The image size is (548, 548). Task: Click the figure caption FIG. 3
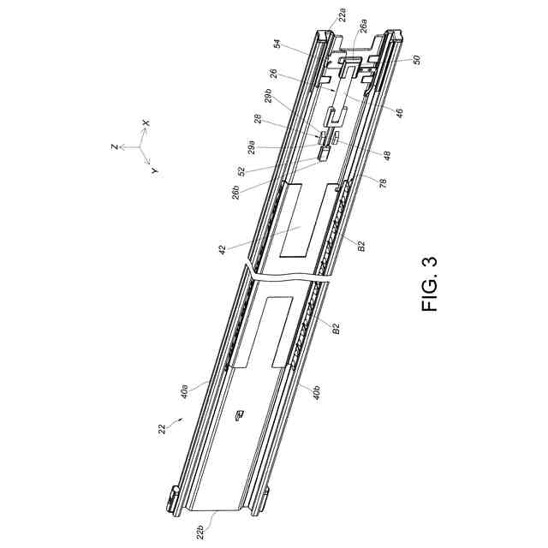(x=430, y=284)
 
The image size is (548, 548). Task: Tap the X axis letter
(x=146, y=123)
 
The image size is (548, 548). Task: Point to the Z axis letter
(x=114, y=146)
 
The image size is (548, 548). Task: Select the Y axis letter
(x=154, y=170)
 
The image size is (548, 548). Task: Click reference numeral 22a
(x=343, y=15)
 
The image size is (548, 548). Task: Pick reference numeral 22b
(x=200, y=533)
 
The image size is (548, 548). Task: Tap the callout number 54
(x=277, y=44)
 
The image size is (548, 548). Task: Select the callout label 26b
(x=236, y=192)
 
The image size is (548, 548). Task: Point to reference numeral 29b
(x=268, y=96)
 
